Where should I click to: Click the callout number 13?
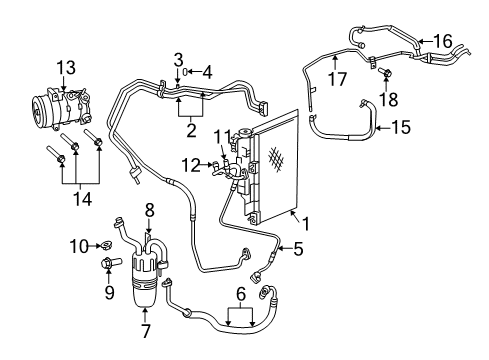(x=65, y=68)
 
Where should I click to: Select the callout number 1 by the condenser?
(x=299, y=227)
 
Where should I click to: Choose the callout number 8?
(x=149, y=210)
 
